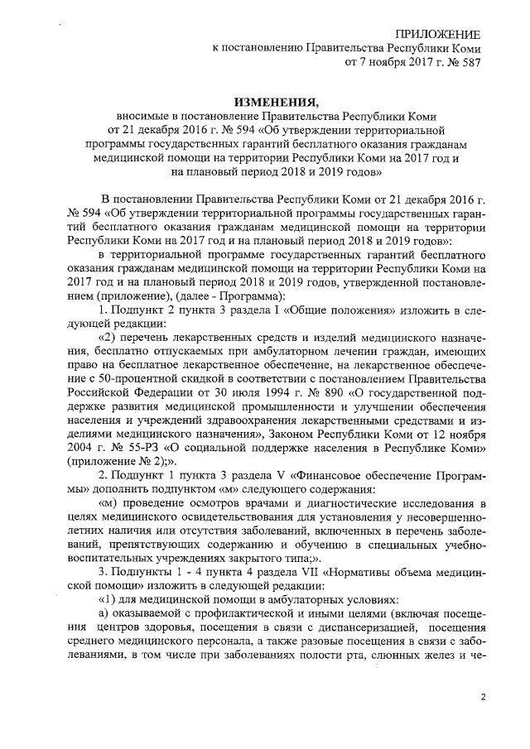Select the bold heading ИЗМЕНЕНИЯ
tap(276, 102)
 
